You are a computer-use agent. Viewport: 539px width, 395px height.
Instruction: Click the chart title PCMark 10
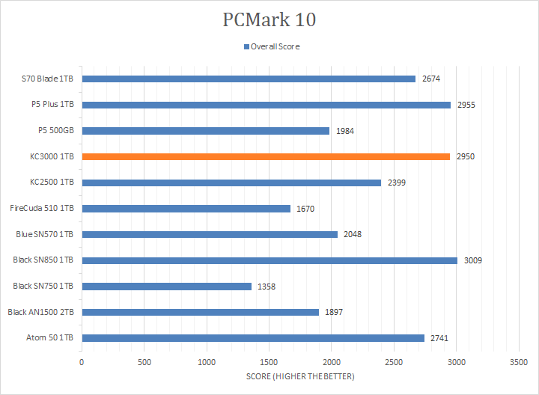269,19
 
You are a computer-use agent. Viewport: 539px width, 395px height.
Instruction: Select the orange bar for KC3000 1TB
266,157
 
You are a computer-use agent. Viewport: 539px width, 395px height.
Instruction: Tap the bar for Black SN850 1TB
269,260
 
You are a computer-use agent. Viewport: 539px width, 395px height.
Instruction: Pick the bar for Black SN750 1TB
166,286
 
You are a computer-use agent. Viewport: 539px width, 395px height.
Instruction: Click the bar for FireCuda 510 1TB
186,209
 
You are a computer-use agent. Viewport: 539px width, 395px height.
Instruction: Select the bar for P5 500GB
206,131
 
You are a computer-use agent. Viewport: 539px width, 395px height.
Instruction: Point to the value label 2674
430,79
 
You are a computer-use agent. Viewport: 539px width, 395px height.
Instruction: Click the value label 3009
472,260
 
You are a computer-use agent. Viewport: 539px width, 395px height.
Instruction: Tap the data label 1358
266,287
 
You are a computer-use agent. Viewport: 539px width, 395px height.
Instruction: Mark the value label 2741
439,338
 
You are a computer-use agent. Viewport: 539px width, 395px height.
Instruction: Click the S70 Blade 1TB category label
48,79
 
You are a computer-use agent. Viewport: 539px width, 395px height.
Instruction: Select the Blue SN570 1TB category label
45,234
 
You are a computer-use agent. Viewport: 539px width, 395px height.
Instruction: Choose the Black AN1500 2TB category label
41,312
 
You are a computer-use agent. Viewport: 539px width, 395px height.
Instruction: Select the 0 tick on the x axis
82,362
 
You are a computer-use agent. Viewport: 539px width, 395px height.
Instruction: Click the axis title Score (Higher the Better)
300,376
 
